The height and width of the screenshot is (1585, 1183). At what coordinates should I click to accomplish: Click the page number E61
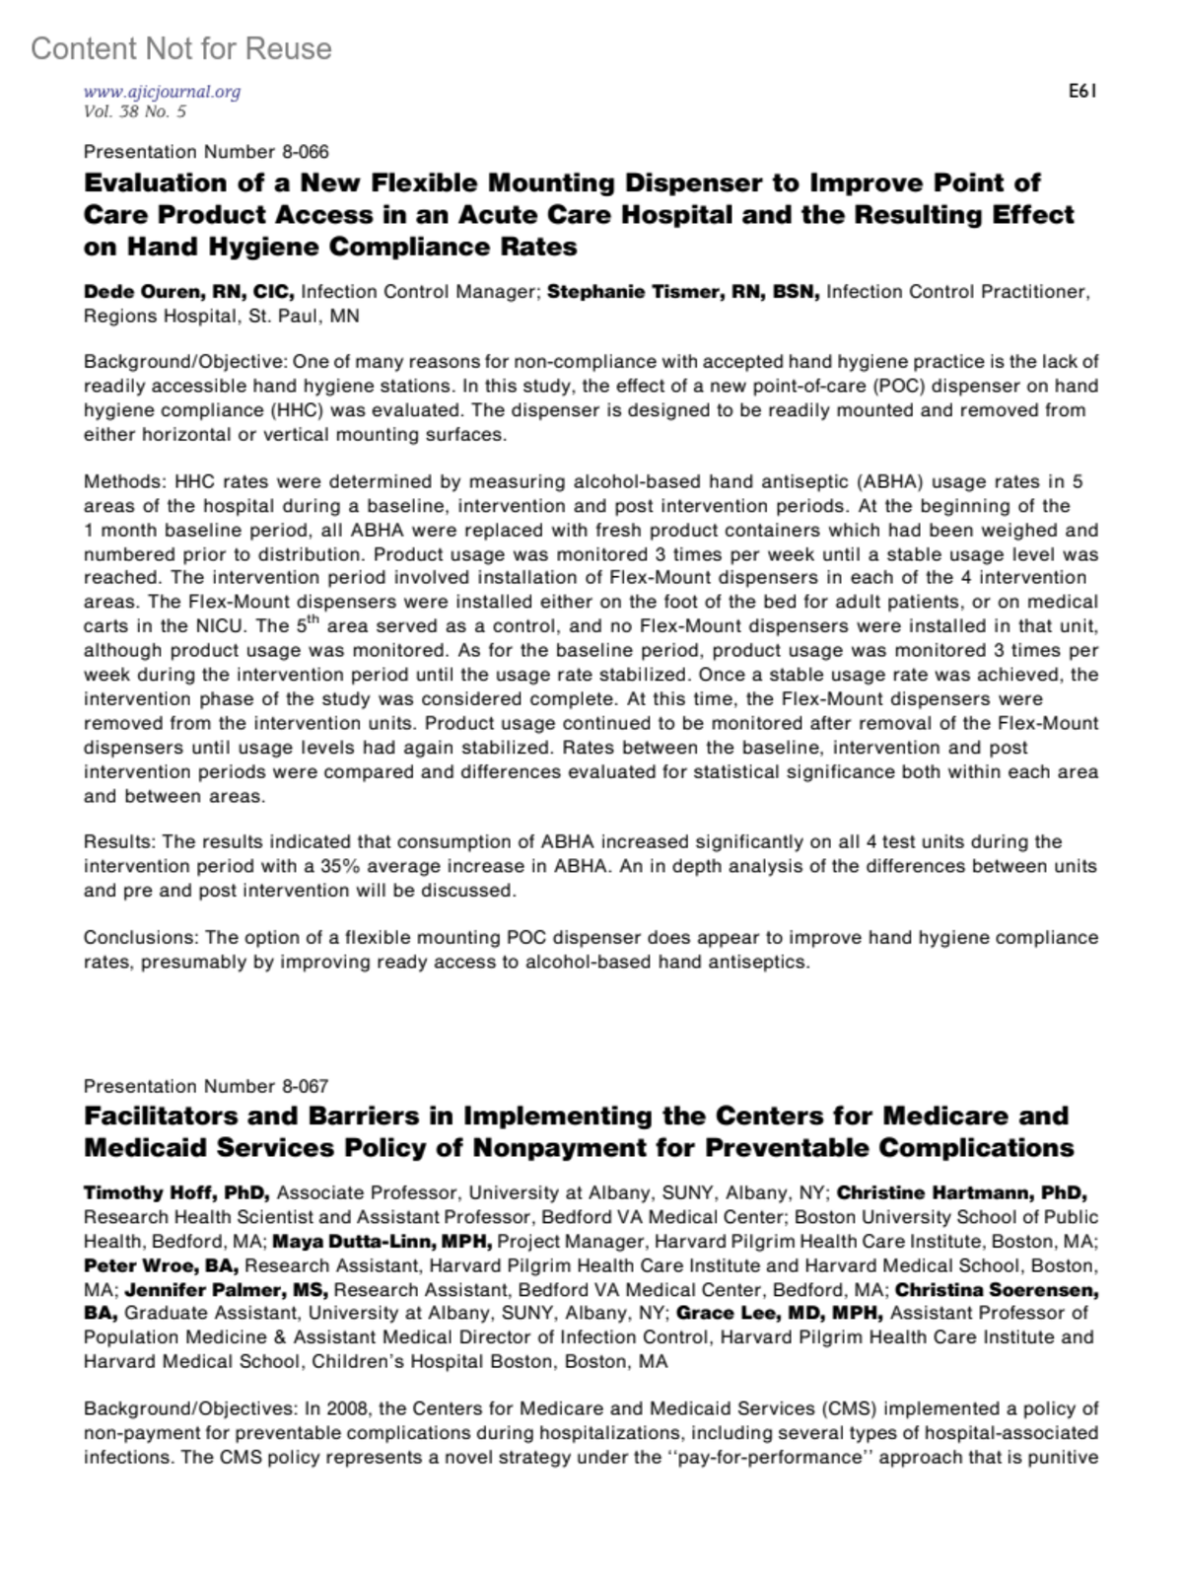coord(1081,92)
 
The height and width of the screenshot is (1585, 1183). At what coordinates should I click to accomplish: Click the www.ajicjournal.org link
coord(162,92)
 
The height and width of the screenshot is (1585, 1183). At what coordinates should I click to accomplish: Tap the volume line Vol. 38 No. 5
coord(135,111)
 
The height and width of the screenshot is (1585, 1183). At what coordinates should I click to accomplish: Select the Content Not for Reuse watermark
coord(181,48)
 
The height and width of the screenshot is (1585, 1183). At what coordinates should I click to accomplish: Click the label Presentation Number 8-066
coord(206,152)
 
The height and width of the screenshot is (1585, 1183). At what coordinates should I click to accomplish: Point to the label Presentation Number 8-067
coord(206,1086)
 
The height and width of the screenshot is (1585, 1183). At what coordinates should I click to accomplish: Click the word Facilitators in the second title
coord(168,1117)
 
